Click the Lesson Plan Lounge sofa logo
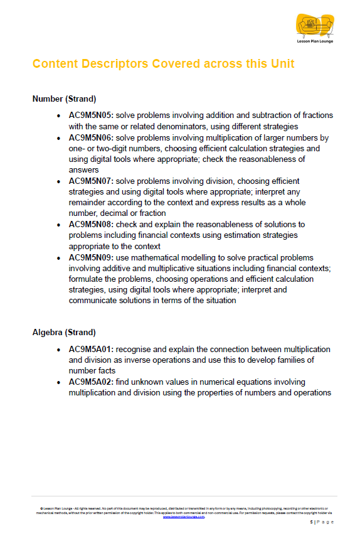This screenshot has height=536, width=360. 315,25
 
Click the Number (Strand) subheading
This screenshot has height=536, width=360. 64,99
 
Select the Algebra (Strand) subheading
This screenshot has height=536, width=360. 64,332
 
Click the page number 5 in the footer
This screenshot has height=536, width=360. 312,522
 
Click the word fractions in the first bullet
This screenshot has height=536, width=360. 315,115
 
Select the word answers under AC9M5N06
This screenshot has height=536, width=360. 84,169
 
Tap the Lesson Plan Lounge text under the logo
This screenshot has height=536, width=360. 315,41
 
